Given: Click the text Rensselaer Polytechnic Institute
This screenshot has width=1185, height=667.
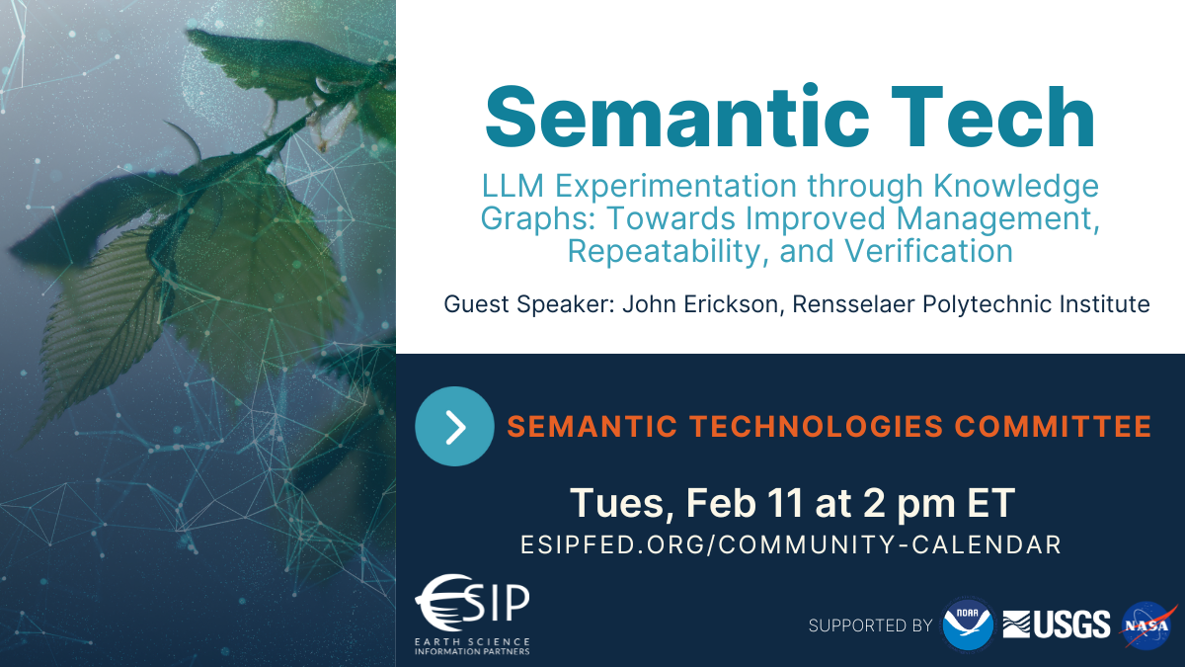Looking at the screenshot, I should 987,303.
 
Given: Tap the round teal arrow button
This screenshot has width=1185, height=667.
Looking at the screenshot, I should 454,426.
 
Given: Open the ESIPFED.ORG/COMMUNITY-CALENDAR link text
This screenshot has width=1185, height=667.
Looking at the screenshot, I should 791,544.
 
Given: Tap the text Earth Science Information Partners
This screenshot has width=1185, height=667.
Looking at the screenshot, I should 473,646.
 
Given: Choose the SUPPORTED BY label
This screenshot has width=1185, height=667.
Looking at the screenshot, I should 870,625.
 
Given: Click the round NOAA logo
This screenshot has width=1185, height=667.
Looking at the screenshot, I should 968,625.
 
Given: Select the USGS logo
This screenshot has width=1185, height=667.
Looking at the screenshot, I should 1057,625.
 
